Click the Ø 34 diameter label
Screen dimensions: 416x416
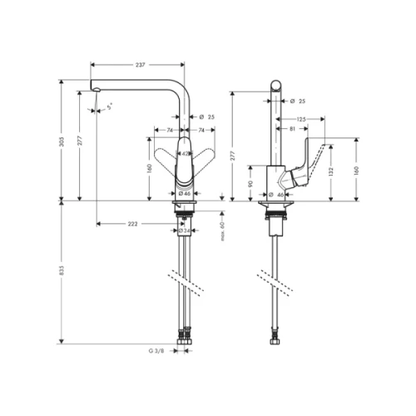pyautogui.click(x=188, y=230)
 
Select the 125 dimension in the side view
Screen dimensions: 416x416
pyautogui.click(x=300, y=120)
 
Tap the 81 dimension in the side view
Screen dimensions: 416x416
pyautogui.click(x=291, y=131)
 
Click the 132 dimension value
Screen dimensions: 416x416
pyautogui.click(x=332, y=171)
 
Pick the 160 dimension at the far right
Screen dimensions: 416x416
pyautogui.click(x=355, y=170)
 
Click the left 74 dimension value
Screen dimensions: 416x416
pyautogui.click(x=167, y=131)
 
